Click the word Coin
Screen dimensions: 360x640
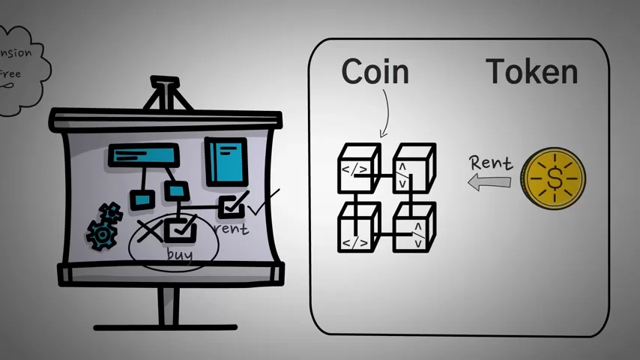tap(375, 72)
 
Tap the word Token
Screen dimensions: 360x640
tap(532, 72)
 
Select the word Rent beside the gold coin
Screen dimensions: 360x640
tap(491, 162)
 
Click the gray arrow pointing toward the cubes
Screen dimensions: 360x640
tap(488, 182)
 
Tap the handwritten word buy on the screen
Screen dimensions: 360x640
tap(180, 254)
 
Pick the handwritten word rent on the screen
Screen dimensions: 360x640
tap(232, 228)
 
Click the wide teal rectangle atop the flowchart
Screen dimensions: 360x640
tap(144, 155)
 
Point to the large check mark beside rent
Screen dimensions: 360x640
tap(263, 202)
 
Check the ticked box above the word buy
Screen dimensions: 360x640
tap(181, 228)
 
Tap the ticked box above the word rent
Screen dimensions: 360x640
tap(232, 205)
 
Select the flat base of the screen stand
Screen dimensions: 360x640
tap(166, 326)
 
